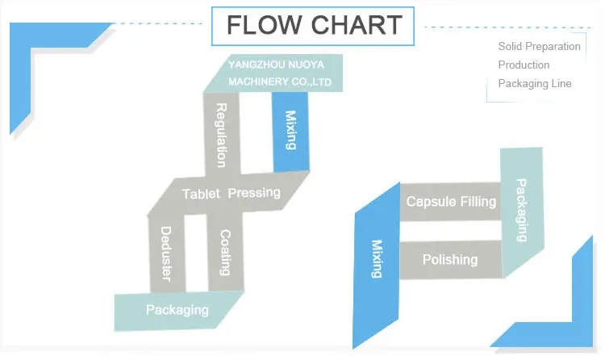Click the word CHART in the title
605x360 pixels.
353,25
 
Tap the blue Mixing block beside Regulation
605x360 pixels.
291,131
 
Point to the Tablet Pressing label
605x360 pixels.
231,194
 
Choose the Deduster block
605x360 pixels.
167,253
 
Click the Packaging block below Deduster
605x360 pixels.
177,309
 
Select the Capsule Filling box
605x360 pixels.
451,201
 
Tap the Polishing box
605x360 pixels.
450,260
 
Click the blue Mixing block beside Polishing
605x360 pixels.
376,258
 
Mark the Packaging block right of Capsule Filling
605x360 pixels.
521,210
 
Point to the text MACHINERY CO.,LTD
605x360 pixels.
280,82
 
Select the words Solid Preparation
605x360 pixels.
539,46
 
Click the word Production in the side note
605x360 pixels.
524,65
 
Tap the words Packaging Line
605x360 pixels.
534,83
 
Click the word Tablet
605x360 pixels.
202,194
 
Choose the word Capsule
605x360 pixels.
431,201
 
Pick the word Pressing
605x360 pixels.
254,193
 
